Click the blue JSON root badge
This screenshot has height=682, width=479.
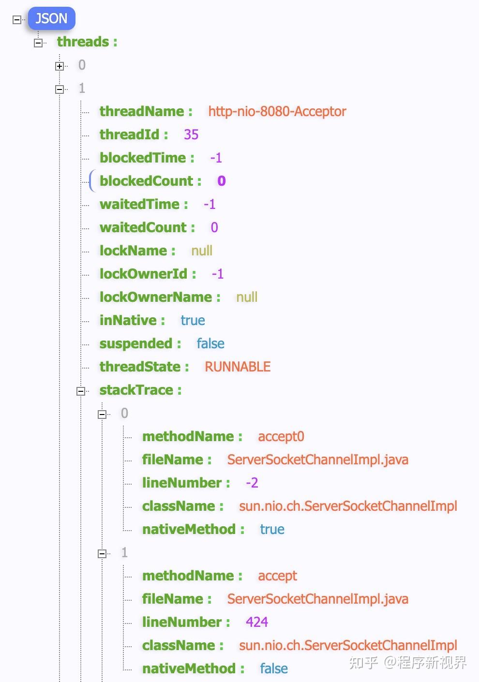51,19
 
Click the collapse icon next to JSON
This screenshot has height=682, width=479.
17,20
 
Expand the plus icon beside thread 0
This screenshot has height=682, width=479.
60,66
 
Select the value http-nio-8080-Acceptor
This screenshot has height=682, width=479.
277,111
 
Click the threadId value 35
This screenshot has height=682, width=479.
191,134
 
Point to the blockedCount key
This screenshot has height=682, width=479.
150,181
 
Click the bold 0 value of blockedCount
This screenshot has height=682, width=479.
222,181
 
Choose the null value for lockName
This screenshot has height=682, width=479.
202,251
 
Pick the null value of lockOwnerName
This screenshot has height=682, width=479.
247,297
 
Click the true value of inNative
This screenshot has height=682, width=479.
193,320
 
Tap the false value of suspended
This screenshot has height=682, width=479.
210,343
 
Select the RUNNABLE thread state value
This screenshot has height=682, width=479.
238,367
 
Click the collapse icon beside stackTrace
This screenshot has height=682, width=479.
81,391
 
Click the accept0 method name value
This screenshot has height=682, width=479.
281,436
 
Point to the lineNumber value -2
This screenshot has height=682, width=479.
252,483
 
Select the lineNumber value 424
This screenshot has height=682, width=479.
257,622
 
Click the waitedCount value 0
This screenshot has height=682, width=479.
214,227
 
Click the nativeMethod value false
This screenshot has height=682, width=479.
274,668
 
